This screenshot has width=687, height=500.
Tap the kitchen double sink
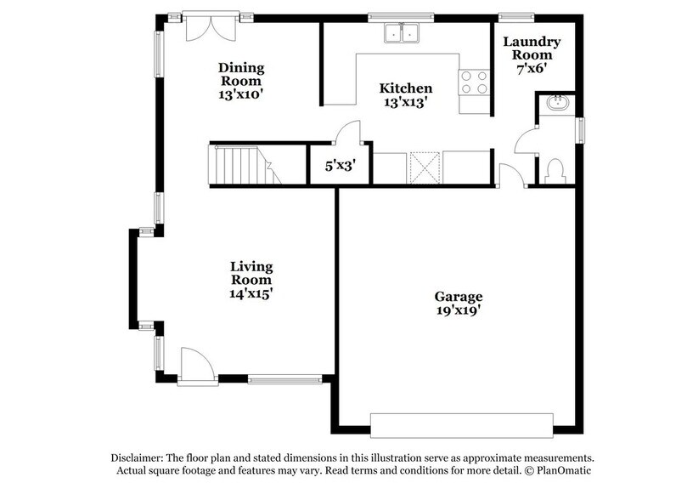click(x=403, y=34)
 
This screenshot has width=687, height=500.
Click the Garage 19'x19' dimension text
click(x=459, y=310)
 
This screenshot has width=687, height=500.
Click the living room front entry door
click(x=195, y=367)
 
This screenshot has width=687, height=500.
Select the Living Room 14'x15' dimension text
click(x=251, y=293)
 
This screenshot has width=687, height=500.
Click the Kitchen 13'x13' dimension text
click(x=405, y=101)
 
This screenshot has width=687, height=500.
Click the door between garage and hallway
click(x=510, y=176)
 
